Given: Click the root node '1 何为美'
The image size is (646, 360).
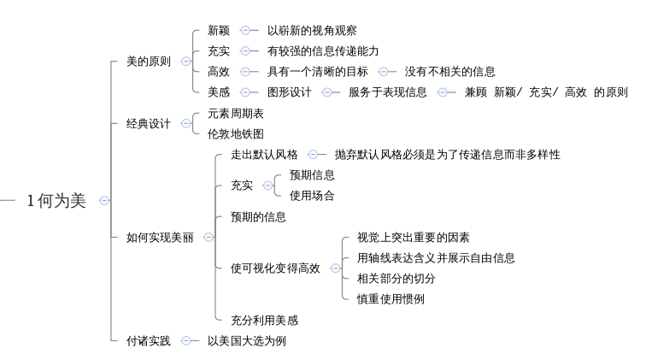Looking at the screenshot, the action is coord(56,201).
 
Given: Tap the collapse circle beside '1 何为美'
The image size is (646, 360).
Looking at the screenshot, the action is coord(104,201).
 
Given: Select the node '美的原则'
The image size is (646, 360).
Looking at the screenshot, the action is coord(149,62).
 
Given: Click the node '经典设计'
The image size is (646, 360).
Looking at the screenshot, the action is coord(149,123).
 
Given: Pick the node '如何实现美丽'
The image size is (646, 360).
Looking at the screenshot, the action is coord(160,237).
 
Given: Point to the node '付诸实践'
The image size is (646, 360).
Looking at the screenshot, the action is coord(149,340).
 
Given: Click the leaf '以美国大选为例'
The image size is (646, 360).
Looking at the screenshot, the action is coord(246,340).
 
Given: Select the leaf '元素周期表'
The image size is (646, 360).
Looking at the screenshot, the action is coord(235,114).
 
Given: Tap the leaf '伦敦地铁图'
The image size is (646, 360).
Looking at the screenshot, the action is coord(235,133).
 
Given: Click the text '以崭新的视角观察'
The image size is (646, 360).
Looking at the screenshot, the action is coord(312,31).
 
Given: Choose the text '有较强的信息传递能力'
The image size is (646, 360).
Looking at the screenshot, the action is coord(323,51).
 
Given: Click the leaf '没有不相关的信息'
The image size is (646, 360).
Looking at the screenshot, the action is coord(449,72).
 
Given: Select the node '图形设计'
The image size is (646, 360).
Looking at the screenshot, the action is coord(289,92).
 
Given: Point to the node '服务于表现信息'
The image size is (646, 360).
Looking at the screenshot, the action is coord(388,92).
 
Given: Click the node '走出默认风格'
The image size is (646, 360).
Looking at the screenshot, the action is coord(264,155).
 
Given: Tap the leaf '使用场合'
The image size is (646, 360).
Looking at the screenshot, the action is coord(312,196).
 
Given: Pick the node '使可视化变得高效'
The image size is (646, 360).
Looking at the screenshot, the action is coord(275,269).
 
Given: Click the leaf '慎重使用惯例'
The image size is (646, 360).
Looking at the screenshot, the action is coord(391,298).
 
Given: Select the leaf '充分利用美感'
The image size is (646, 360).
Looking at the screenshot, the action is coord(264,320).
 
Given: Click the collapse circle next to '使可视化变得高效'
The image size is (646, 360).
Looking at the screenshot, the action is coord(336,269).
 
